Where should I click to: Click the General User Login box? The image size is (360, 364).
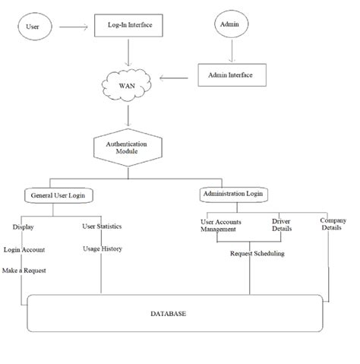point(58,195)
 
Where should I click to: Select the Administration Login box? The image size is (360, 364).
point(233,195)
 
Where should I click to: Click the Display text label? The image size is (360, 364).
point(24,226)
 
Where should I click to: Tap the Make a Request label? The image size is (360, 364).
point(25,271)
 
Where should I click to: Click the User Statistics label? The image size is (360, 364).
point(102,226)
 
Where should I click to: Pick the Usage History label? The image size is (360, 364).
point(102,248)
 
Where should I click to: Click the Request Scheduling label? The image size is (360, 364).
point(257,254)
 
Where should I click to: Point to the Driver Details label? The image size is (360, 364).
point(280,225)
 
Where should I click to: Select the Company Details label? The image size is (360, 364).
point(330,223)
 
